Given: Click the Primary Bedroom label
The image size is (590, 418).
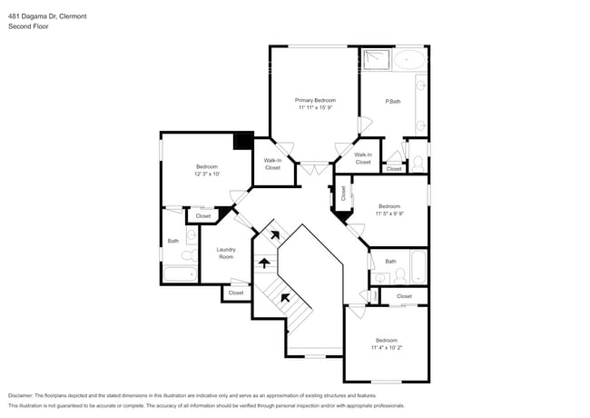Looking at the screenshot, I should (315, 100).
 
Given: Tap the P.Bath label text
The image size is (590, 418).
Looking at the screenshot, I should (394, 101).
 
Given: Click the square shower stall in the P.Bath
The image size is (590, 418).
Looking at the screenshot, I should (375, 60).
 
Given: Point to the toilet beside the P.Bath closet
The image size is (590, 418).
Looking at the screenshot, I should (418, 163).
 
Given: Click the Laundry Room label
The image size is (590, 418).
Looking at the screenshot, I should (226, 253).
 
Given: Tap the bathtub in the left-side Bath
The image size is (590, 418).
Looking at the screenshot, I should (180, 274).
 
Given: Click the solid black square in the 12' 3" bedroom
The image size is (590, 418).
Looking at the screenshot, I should (242, 141).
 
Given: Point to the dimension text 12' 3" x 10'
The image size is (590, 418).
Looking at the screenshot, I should (207, 174).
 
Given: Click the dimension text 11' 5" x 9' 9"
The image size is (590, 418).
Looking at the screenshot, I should (388, 214).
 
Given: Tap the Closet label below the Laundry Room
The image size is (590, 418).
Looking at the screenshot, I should (236, 293).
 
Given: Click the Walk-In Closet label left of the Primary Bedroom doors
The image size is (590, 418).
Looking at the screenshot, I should (272, 164).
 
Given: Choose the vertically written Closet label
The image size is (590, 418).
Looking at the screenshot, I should (343, 193).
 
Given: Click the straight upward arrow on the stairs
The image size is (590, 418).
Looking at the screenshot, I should (264, 264).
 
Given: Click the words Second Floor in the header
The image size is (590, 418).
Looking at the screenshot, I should (29, 27).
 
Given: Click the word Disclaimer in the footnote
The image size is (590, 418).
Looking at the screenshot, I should (25, 396).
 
